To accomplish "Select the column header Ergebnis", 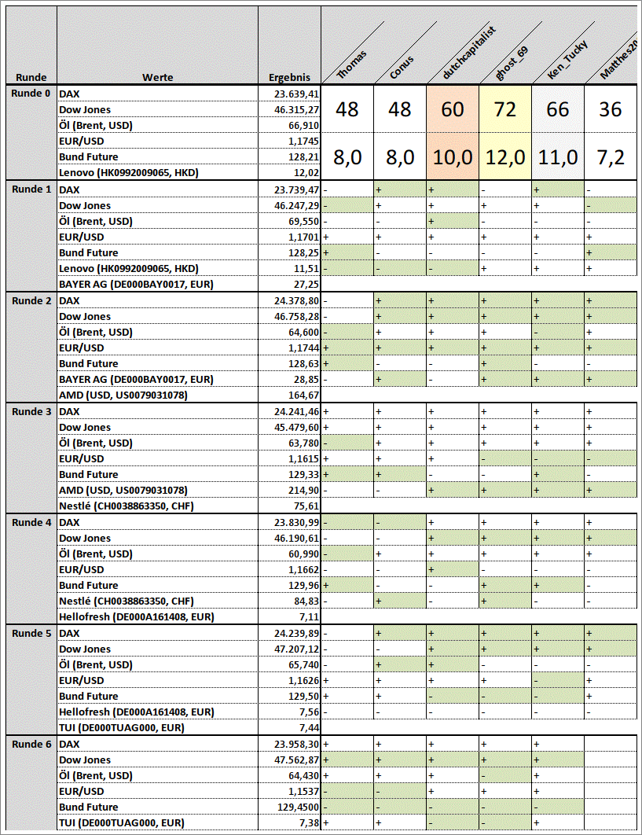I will tap(289, 78).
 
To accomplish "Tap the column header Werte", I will tap(157, 77).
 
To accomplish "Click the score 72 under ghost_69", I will tap(505, 109).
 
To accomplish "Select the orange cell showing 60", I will tap(453, 109).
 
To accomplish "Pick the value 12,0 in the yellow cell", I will tap(505, 157).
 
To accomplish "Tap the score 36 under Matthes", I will tap(611, 109).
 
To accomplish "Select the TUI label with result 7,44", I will tap(122, 728).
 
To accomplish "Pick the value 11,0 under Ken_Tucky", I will tap(558, 157).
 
